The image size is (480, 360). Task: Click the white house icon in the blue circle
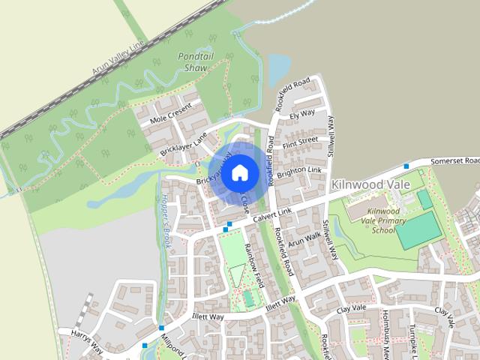[239, 173]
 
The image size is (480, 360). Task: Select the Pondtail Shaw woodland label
[195, 61]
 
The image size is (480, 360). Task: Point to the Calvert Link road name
[271, 215]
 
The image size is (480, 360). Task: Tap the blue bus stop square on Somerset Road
[406, 166]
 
